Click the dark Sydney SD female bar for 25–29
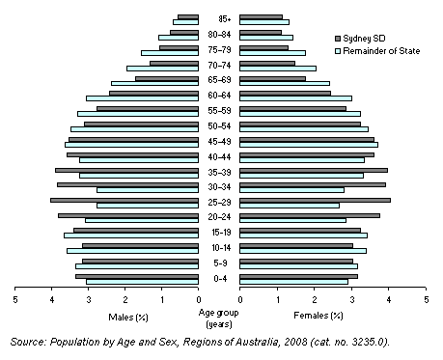coord(315,200)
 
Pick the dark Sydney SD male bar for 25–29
coord(125,200)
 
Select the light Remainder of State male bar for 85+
coord(186,21)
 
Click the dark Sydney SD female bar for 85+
coord(261,15)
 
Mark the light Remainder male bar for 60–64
coord(143,97)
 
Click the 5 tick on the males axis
coord(14,299)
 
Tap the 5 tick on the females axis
coord(426,299)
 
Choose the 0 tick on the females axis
coord(240,299)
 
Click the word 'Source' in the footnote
coord(27,342)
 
